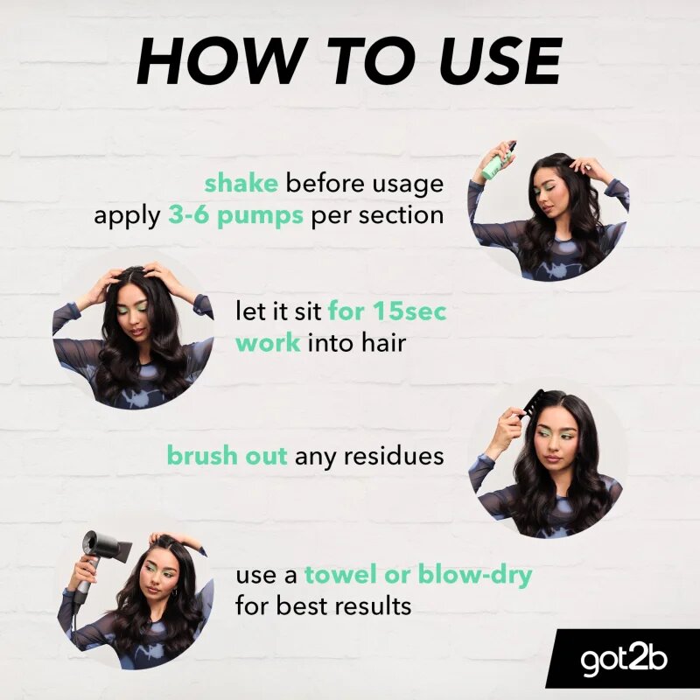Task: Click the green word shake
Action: pos(241,183)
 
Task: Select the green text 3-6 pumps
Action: pos(235,215)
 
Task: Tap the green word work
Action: pos(268,342)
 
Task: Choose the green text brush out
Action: pos(227,455)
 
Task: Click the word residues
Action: pos(393,456)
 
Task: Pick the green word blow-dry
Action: pos(475,575)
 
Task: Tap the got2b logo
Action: pos(624,660)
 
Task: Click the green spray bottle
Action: pos(499,161)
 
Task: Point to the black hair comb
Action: pos(530,404)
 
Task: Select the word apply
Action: pos(127,217)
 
